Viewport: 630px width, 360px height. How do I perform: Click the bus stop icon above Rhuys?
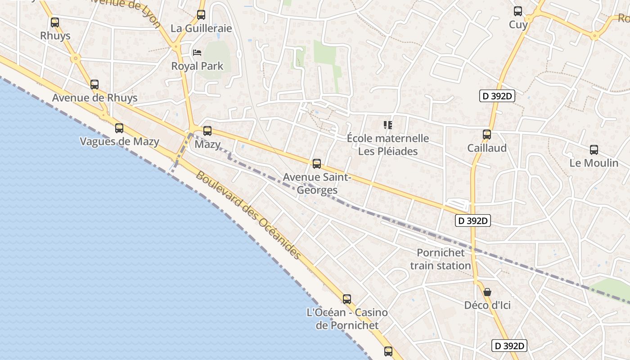coord(55,22)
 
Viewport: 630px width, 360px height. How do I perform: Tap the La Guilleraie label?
coord(201,28)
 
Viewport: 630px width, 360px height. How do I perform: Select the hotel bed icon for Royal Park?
coord(197,53)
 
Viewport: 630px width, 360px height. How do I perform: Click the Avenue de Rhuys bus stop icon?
coord(94,84)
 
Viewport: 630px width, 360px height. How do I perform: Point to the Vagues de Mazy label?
coord(119,142)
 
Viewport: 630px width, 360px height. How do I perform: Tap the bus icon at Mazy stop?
coord(207,131)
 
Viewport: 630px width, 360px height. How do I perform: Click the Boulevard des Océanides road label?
coord(248,216)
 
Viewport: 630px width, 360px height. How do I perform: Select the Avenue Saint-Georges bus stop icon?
coord(317,163)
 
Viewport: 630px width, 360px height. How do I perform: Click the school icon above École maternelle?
coord(387,125)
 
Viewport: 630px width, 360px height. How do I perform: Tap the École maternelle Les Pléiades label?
coord(387,144)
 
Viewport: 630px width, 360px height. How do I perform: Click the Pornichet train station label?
coord(440,259)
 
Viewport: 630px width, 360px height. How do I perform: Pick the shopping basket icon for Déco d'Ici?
coord(487,292)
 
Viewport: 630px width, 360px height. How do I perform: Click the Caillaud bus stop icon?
coord(486,134)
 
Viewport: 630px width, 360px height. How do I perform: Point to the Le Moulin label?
coord(594,163)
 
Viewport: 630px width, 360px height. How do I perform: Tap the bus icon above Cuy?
coord(518,11)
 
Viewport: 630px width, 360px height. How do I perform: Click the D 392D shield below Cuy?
coord(497,96)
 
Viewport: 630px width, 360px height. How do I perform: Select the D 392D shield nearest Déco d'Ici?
coord(509,346)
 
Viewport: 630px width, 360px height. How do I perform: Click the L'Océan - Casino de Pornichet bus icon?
coord(347,299)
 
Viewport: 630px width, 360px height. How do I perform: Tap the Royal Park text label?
coord(197,66)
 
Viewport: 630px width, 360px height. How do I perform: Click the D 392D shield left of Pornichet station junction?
coord(472,220)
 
